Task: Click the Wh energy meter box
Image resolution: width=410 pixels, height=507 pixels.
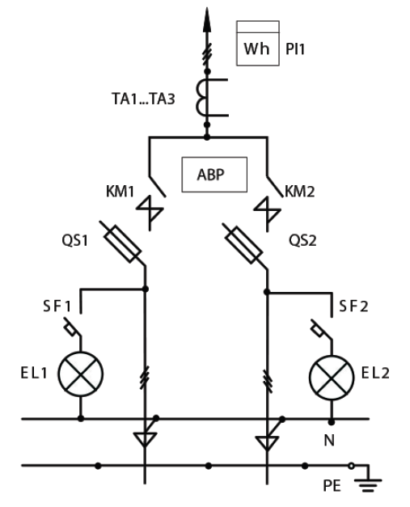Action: click(x=258, y=44)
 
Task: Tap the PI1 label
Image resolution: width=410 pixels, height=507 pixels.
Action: click(x=295, y=49)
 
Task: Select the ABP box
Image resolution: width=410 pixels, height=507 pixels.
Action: click(x=214, y=175)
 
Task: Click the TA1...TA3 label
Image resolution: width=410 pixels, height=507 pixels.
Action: click(x=143, y=99)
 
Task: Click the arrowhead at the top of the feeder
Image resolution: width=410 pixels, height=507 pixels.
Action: click(x=207, y=19)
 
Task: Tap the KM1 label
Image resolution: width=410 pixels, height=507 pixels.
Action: click(x=120, y=191)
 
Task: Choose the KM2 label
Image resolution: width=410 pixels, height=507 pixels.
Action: click(x=299, y=191)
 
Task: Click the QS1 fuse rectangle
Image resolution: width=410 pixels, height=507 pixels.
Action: click(x=122, y=244)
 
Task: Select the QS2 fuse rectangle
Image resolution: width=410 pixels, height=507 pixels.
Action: click(x=243, y=245)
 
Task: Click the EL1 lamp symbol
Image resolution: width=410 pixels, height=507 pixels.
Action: click(x=81, y=374)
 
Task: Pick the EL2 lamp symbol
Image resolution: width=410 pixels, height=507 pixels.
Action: click(x=332, y=378)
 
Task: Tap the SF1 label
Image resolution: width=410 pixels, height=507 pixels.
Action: click(x=57, y=306)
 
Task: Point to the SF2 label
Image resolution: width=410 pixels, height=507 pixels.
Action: click(x=353, y=306)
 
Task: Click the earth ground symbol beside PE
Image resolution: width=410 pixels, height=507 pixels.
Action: click(x=368, y=484)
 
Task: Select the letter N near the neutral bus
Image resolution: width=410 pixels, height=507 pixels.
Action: click(x=329, y=441)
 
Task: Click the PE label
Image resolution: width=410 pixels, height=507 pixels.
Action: click(x=332, y=486)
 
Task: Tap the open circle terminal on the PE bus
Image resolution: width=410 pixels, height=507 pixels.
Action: click(x=351, y=466)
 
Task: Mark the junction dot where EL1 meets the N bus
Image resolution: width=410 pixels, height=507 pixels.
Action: click(x=81, y=419)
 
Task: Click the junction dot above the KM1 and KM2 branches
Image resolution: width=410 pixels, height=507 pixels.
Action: click(x=207, y=137)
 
